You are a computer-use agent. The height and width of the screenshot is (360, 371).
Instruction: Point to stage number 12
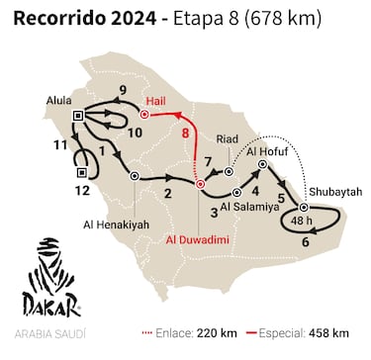click(83, 190)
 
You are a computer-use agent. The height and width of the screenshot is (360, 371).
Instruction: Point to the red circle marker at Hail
click(143, 115)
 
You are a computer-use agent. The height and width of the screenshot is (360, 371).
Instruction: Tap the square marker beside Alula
click(78, 118)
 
